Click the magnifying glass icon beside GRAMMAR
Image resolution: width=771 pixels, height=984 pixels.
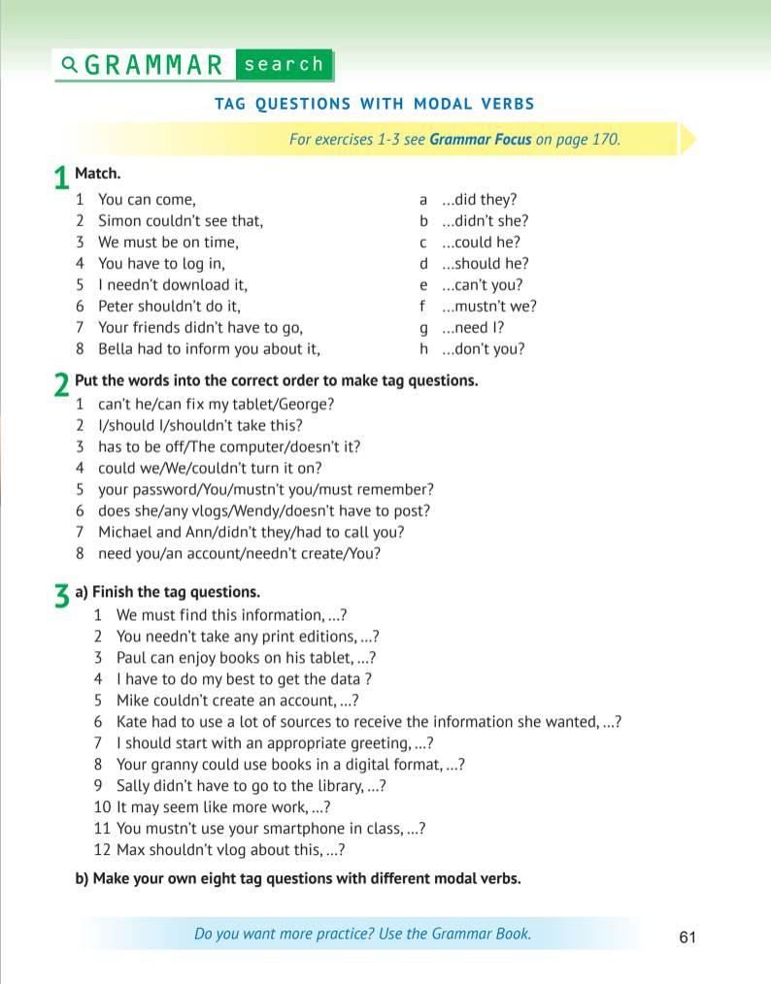pos(69,65)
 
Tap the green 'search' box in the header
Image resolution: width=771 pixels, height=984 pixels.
pos(284,65)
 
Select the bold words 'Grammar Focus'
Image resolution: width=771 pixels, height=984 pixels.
pos(480,139)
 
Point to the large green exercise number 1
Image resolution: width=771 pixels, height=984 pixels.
pos(61,180)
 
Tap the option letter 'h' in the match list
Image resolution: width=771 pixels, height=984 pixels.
pos(423,349)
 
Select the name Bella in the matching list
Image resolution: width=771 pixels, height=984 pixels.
pos(117,349)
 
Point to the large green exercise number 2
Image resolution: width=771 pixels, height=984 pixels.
pos(61,386)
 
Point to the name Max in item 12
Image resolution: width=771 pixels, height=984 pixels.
pos(130,850)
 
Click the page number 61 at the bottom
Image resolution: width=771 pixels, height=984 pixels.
pos(687,937)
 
